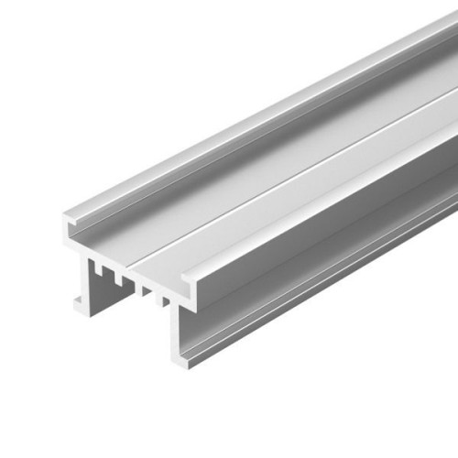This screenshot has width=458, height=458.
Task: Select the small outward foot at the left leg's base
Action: (x=78, y=303)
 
